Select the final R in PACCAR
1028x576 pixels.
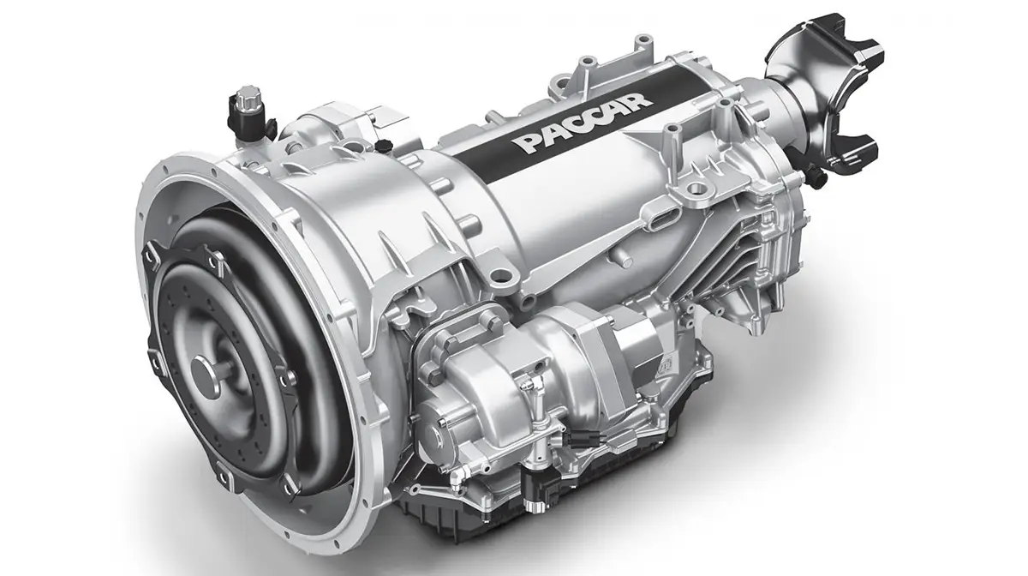click(638, 97)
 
